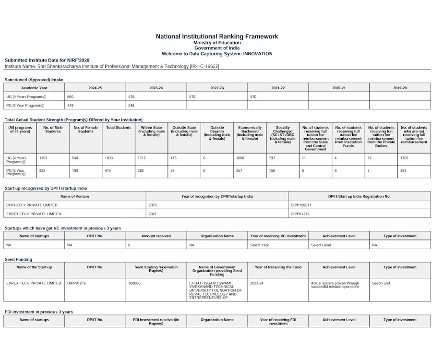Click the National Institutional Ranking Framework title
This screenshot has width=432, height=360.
(217, 36)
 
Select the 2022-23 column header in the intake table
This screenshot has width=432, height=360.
(217, 88)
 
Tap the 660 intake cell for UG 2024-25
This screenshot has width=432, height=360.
(70, 96)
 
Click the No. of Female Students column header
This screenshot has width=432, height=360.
(85, 130)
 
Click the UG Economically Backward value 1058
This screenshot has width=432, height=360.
(241, 157)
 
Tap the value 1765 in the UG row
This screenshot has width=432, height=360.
(405, 157)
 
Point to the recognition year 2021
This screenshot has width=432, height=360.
(153, 214)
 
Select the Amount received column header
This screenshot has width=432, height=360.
(156, 236)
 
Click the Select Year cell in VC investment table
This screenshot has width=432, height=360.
(259, 245)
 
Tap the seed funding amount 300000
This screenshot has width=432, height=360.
(135, 283)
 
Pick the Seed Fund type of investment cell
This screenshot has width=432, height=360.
(381, 283)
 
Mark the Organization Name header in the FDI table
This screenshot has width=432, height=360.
(217, 320)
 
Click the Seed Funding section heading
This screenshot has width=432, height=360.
(18, 259)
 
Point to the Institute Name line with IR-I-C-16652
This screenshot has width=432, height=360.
(111, 66)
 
